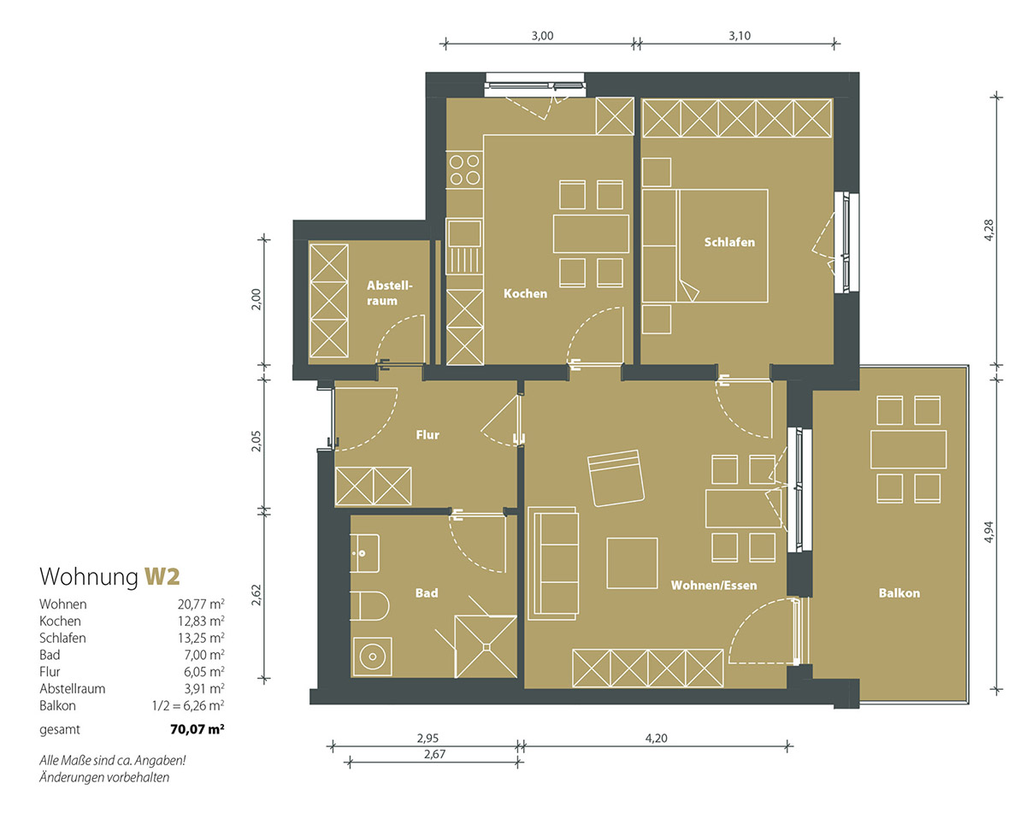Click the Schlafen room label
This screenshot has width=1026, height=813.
pyautogui.click(x=729, y=242)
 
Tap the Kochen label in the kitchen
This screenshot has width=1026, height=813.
pyautogui.click(x=525, y=294)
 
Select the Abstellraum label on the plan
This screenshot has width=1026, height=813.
pyautogui.click(x=389, y=292)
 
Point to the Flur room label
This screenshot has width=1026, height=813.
pyautogui.click(x=427, y=435)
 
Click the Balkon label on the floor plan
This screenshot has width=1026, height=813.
pyautogui.click(x=899, y=593)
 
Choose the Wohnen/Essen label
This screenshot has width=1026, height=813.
pyautogui.click(x=714, y=586)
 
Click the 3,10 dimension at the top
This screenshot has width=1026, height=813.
pyautogui.click(x=740, y=36)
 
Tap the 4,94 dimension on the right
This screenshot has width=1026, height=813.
pyautogui.click(x=988, y=532)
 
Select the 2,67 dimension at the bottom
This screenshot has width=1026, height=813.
pyautogui.click(x=435, y=754)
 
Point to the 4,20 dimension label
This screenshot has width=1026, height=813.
pyautogui.click(x=656, y=738)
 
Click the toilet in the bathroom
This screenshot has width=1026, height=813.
pyautogui.click(x=369, y=606)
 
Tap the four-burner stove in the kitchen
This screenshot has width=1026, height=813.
pyautogui.click(x=464, y=170)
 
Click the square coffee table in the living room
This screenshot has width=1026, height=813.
pyautogui.click(x=632, y=563)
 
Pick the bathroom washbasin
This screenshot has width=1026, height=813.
pyautogui.click(x=365, y=553)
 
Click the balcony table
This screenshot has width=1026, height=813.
pyautogui.click(x=908, y=449)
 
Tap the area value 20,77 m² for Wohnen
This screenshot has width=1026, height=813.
pyautogui.click(x=201, y=604)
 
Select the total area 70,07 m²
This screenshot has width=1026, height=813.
pyautogui.click(x=197, y=729)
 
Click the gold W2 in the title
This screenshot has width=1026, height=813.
pyautogui.click(x=162, y=576)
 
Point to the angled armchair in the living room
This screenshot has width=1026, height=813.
pyautogui.click(x=616, y=478)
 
